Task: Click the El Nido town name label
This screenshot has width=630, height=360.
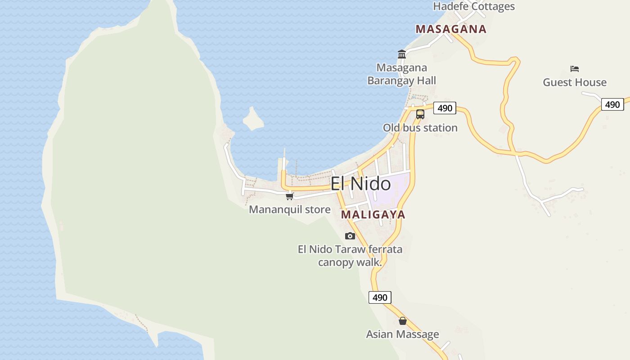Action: pyautogui.click(x=360, y=184)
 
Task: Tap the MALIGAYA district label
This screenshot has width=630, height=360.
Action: pyautogui.click(x=373, y=215)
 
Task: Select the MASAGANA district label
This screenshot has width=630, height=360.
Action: pyautogui.click(x=451, y=29)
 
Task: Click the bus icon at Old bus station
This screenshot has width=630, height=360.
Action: pyautogui.click(x=420, y=114)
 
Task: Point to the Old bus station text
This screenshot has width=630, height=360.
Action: pyautogui.click(x=420, y=128)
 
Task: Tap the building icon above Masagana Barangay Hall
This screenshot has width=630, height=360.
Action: pyautogui.click(x=402, y=54)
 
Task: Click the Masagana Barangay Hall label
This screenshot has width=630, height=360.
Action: pyautogui.click(x=402, y=74)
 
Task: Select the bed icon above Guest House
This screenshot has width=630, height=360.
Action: pyautogui.click(x=574, y=69)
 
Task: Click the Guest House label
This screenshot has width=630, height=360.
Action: pyautogui.click(x=575, y=82)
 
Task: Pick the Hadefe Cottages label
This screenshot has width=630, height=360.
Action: pyautogui.click(x=474, y=6)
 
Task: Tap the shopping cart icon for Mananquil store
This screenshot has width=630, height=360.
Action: pyautogui.click(x=289, y=196)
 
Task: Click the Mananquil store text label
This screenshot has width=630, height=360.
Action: pyautogui.click(x=290, y=210)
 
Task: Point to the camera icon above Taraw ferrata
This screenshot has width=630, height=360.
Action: pyautogui.click(x=350, y=236)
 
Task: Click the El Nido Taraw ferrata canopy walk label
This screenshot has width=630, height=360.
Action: pyautogui.click(x=350, y=256)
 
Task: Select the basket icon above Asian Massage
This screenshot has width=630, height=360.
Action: pyautogui.click(x=403, y=321)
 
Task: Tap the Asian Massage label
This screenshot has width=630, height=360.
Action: pyautogui.click(x=402, y=334)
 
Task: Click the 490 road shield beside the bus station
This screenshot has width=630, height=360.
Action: pyautogui.click(x=445, y=108)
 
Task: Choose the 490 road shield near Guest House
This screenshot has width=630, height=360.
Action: pyautogui.click(x=612, y=104)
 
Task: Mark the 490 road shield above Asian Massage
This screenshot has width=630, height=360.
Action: pyautogui.click(x=380, y=297)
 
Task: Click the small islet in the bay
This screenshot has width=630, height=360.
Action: pyautogui.click(x=253, y=119)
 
